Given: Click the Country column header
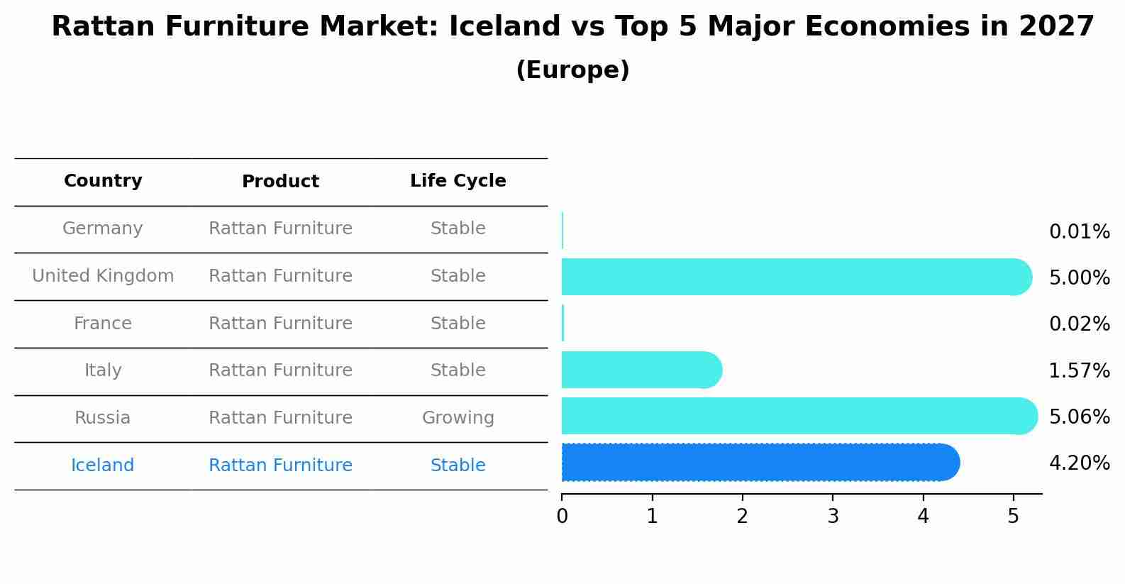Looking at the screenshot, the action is [103, 180].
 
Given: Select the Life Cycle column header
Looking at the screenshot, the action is [458, 180].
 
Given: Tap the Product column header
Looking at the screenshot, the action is [280, 181].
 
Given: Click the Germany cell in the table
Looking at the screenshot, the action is [102, 228].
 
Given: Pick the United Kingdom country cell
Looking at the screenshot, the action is [103, 275].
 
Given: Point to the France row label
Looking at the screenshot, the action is [103, 323].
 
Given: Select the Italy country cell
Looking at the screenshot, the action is [103, 370].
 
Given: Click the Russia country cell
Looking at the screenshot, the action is [102, 418].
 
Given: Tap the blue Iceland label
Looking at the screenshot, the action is [102, 465].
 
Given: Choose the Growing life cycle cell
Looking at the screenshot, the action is [458, 418].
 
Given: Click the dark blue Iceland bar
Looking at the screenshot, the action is [761, 463].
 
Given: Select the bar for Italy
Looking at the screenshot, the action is [642, 370].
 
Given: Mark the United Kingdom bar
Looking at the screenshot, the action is [797, 277].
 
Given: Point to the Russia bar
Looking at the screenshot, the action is [799, 416].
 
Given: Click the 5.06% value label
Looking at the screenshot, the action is [1080, 417].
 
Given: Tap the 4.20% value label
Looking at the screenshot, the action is [1080, 463].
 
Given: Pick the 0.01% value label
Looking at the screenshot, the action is [1080, 232].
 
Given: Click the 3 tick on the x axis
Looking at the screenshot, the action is [833, 516].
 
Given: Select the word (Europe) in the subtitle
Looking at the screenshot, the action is [572, 70].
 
